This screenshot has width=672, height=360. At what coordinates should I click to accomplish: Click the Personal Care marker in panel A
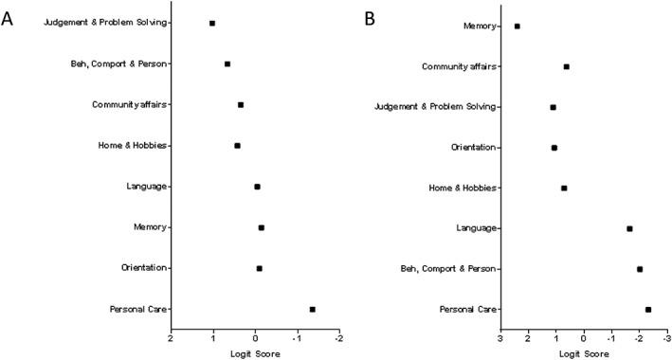click(312, 309)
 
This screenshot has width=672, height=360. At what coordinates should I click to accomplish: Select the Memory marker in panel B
click(517, 27)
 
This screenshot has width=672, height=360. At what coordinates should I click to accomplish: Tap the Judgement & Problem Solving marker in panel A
click(212, 23)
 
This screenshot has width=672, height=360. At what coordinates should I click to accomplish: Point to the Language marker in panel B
click(629, 228)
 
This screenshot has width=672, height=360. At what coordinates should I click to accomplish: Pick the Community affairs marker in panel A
click(241, 105)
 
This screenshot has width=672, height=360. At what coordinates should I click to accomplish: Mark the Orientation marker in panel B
click(554, 148)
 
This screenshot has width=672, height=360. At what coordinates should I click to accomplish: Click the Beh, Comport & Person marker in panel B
click(640, 269)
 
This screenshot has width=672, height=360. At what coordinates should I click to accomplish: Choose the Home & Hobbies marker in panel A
click(237, 146)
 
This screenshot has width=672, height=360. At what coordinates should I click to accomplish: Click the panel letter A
click(8, 18)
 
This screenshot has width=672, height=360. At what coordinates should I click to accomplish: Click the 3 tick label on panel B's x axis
click(499, 337)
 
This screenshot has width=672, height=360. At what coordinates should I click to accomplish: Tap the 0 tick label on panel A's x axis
click(255, 337)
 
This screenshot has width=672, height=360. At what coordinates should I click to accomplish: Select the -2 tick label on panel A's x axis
click(337, 337)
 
